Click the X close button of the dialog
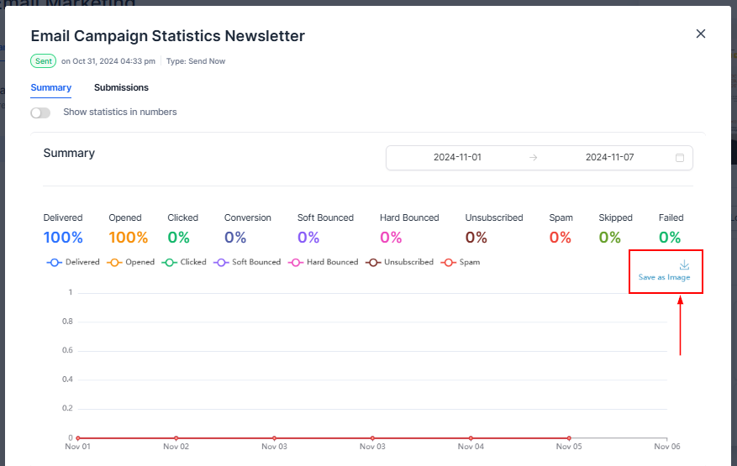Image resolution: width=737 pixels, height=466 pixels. (x=701, y=34)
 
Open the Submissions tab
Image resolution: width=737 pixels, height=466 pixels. (x=121, y=87)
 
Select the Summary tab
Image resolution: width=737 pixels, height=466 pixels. (x=50, y=87)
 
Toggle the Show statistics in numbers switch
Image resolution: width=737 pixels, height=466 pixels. (x=40, y=113)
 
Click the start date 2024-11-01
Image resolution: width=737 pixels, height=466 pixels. (x=457, y=158)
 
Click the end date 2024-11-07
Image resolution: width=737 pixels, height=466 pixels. (x=609, y=158)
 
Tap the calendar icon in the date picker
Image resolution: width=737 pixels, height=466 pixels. (x=680, y=158)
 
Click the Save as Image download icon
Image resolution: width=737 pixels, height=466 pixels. (x=684, y=265)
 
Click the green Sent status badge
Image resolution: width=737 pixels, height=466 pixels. (x=43, y=61)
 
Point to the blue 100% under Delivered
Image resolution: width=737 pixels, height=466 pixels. (x=63, y=238)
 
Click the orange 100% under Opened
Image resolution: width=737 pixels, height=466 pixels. (x=128, y=238)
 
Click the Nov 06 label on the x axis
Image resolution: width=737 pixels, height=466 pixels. (x=666, y=447)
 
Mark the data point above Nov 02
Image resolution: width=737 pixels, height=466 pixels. (x=176, y=438)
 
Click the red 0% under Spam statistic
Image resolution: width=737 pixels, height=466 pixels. (x=561, y=238)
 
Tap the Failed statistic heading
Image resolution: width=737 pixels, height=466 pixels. (x=671, y=217)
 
